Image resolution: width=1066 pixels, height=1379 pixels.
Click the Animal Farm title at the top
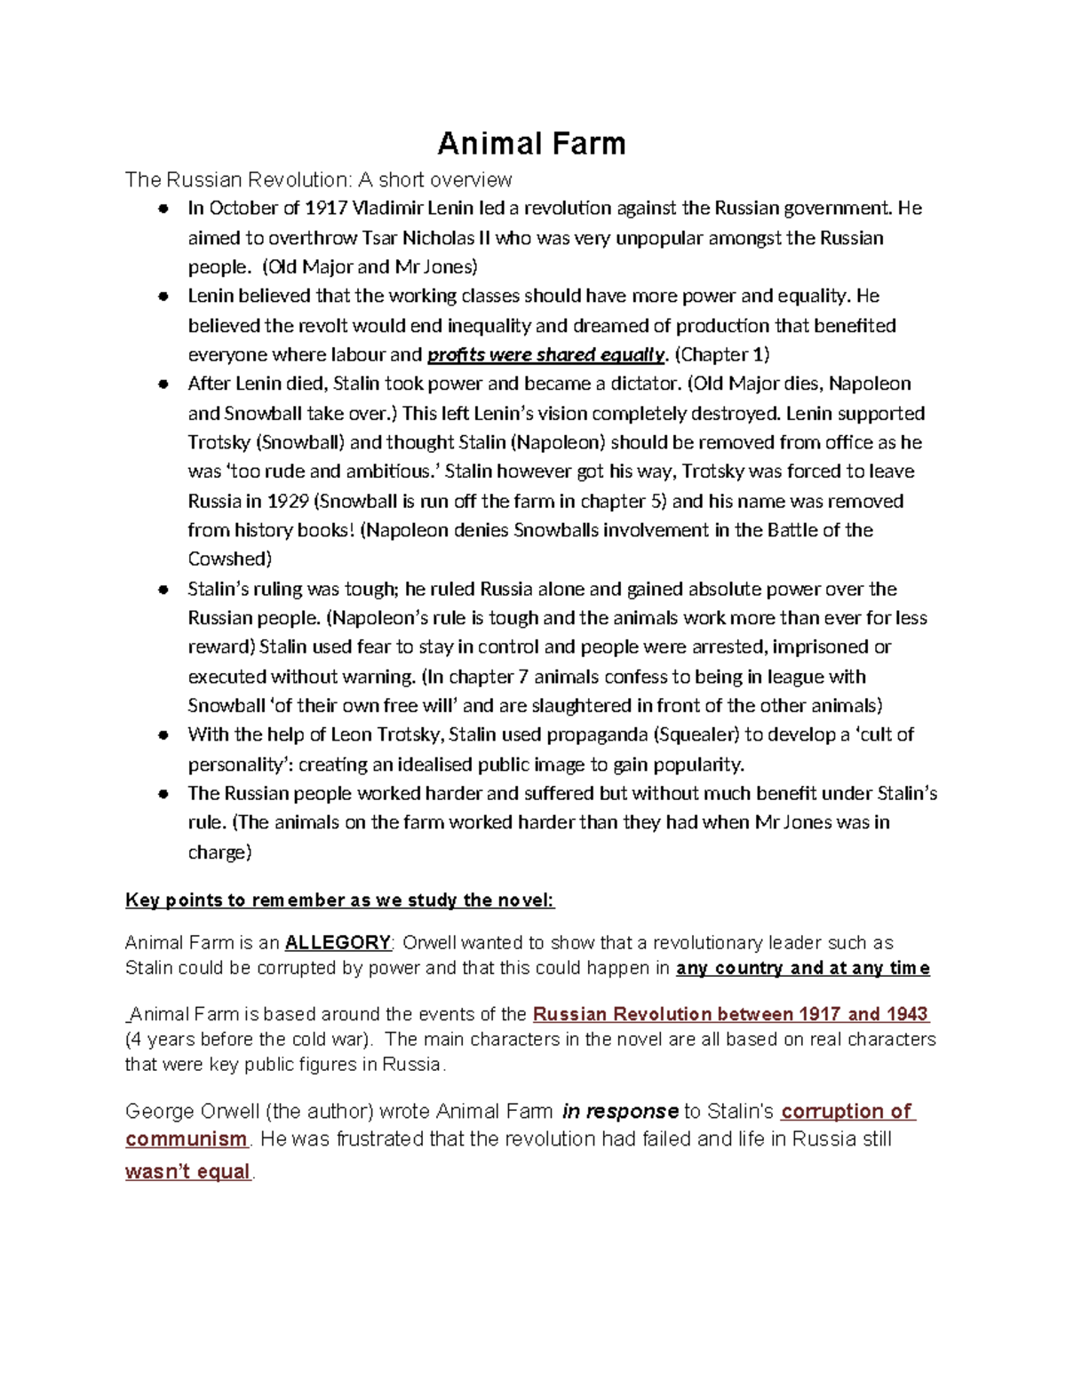pyautogui.click(x=531, y=143)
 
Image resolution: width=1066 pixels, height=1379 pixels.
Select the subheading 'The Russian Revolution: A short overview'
pyautogui.click(x=318, y=179)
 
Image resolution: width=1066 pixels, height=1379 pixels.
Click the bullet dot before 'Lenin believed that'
pyautogui.click(x=163, y=297)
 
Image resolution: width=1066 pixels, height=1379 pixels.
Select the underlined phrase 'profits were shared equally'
pyautogui.click(x=545, y=355)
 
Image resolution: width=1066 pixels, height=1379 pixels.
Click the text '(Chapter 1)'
pyautogui.click(x=722, y=355)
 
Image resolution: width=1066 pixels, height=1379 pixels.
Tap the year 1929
pyautogui.click(x=288, y=501)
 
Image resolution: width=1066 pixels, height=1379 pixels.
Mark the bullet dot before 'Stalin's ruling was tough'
pyautogui.click(x=163, y=590)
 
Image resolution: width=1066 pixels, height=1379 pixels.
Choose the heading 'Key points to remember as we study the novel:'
pyautogui.click(x=339, y=900)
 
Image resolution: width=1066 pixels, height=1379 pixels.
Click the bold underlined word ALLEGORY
pyautogui.click(x=338, y=942)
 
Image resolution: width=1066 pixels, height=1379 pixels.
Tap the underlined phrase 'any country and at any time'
pyautogui.click(x=802, y=968)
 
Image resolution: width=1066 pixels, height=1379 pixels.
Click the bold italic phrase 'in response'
pyautogui.click(x=620, y=1111)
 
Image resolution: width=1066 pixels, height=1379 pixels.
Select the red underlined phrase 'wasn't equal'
pyautogui.click(x=187, y=1171)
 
